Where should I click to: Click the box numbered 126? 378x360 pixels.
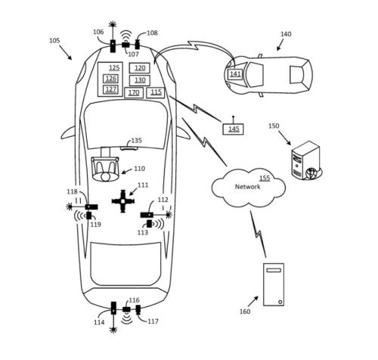(x=111, y=79)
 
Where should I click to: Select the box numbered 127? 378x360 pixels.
(x=111, y=89)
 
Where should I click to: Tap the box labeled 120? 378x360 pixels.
(x=140, y=68)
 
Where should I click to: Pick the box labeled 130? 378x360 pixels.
(x=140, y=80)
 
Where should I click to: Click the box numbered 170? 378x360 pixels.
(x=134, y=93)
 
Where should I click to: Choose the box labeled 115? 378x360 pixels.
(x=156, y=92)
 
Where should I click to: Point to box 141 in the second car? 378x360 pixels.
(x=235, y=74)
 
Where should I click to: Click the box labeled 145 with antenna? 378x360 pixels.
(x=233, y=129)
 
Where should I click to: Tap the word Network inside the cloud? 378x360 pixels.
(x=247, y=187)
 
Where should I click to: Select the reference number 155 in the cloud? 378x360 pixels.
(x=265, y=178)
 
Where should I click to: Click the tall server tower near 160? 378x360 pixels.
(x=274, y=284)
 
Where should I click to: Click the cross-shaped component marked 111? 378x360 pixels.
(x=123, y=201)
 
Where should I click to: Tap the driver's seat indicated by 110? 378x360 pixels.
(x=105, y=169)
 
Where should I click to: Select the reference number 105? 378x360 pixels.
(x=54, y=41)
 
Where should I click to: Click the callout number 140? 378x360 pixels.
(x=286, y=34)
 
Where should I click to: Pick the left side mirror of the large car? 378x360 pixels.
(x=68, y=133)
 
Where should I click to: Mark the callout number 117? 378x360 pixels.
(x=153, y=321)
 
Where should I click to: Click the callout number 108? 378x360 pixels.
(x=152, y=33)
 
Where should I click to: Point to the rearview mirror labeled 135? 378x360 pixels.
(x=129, y=148)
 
